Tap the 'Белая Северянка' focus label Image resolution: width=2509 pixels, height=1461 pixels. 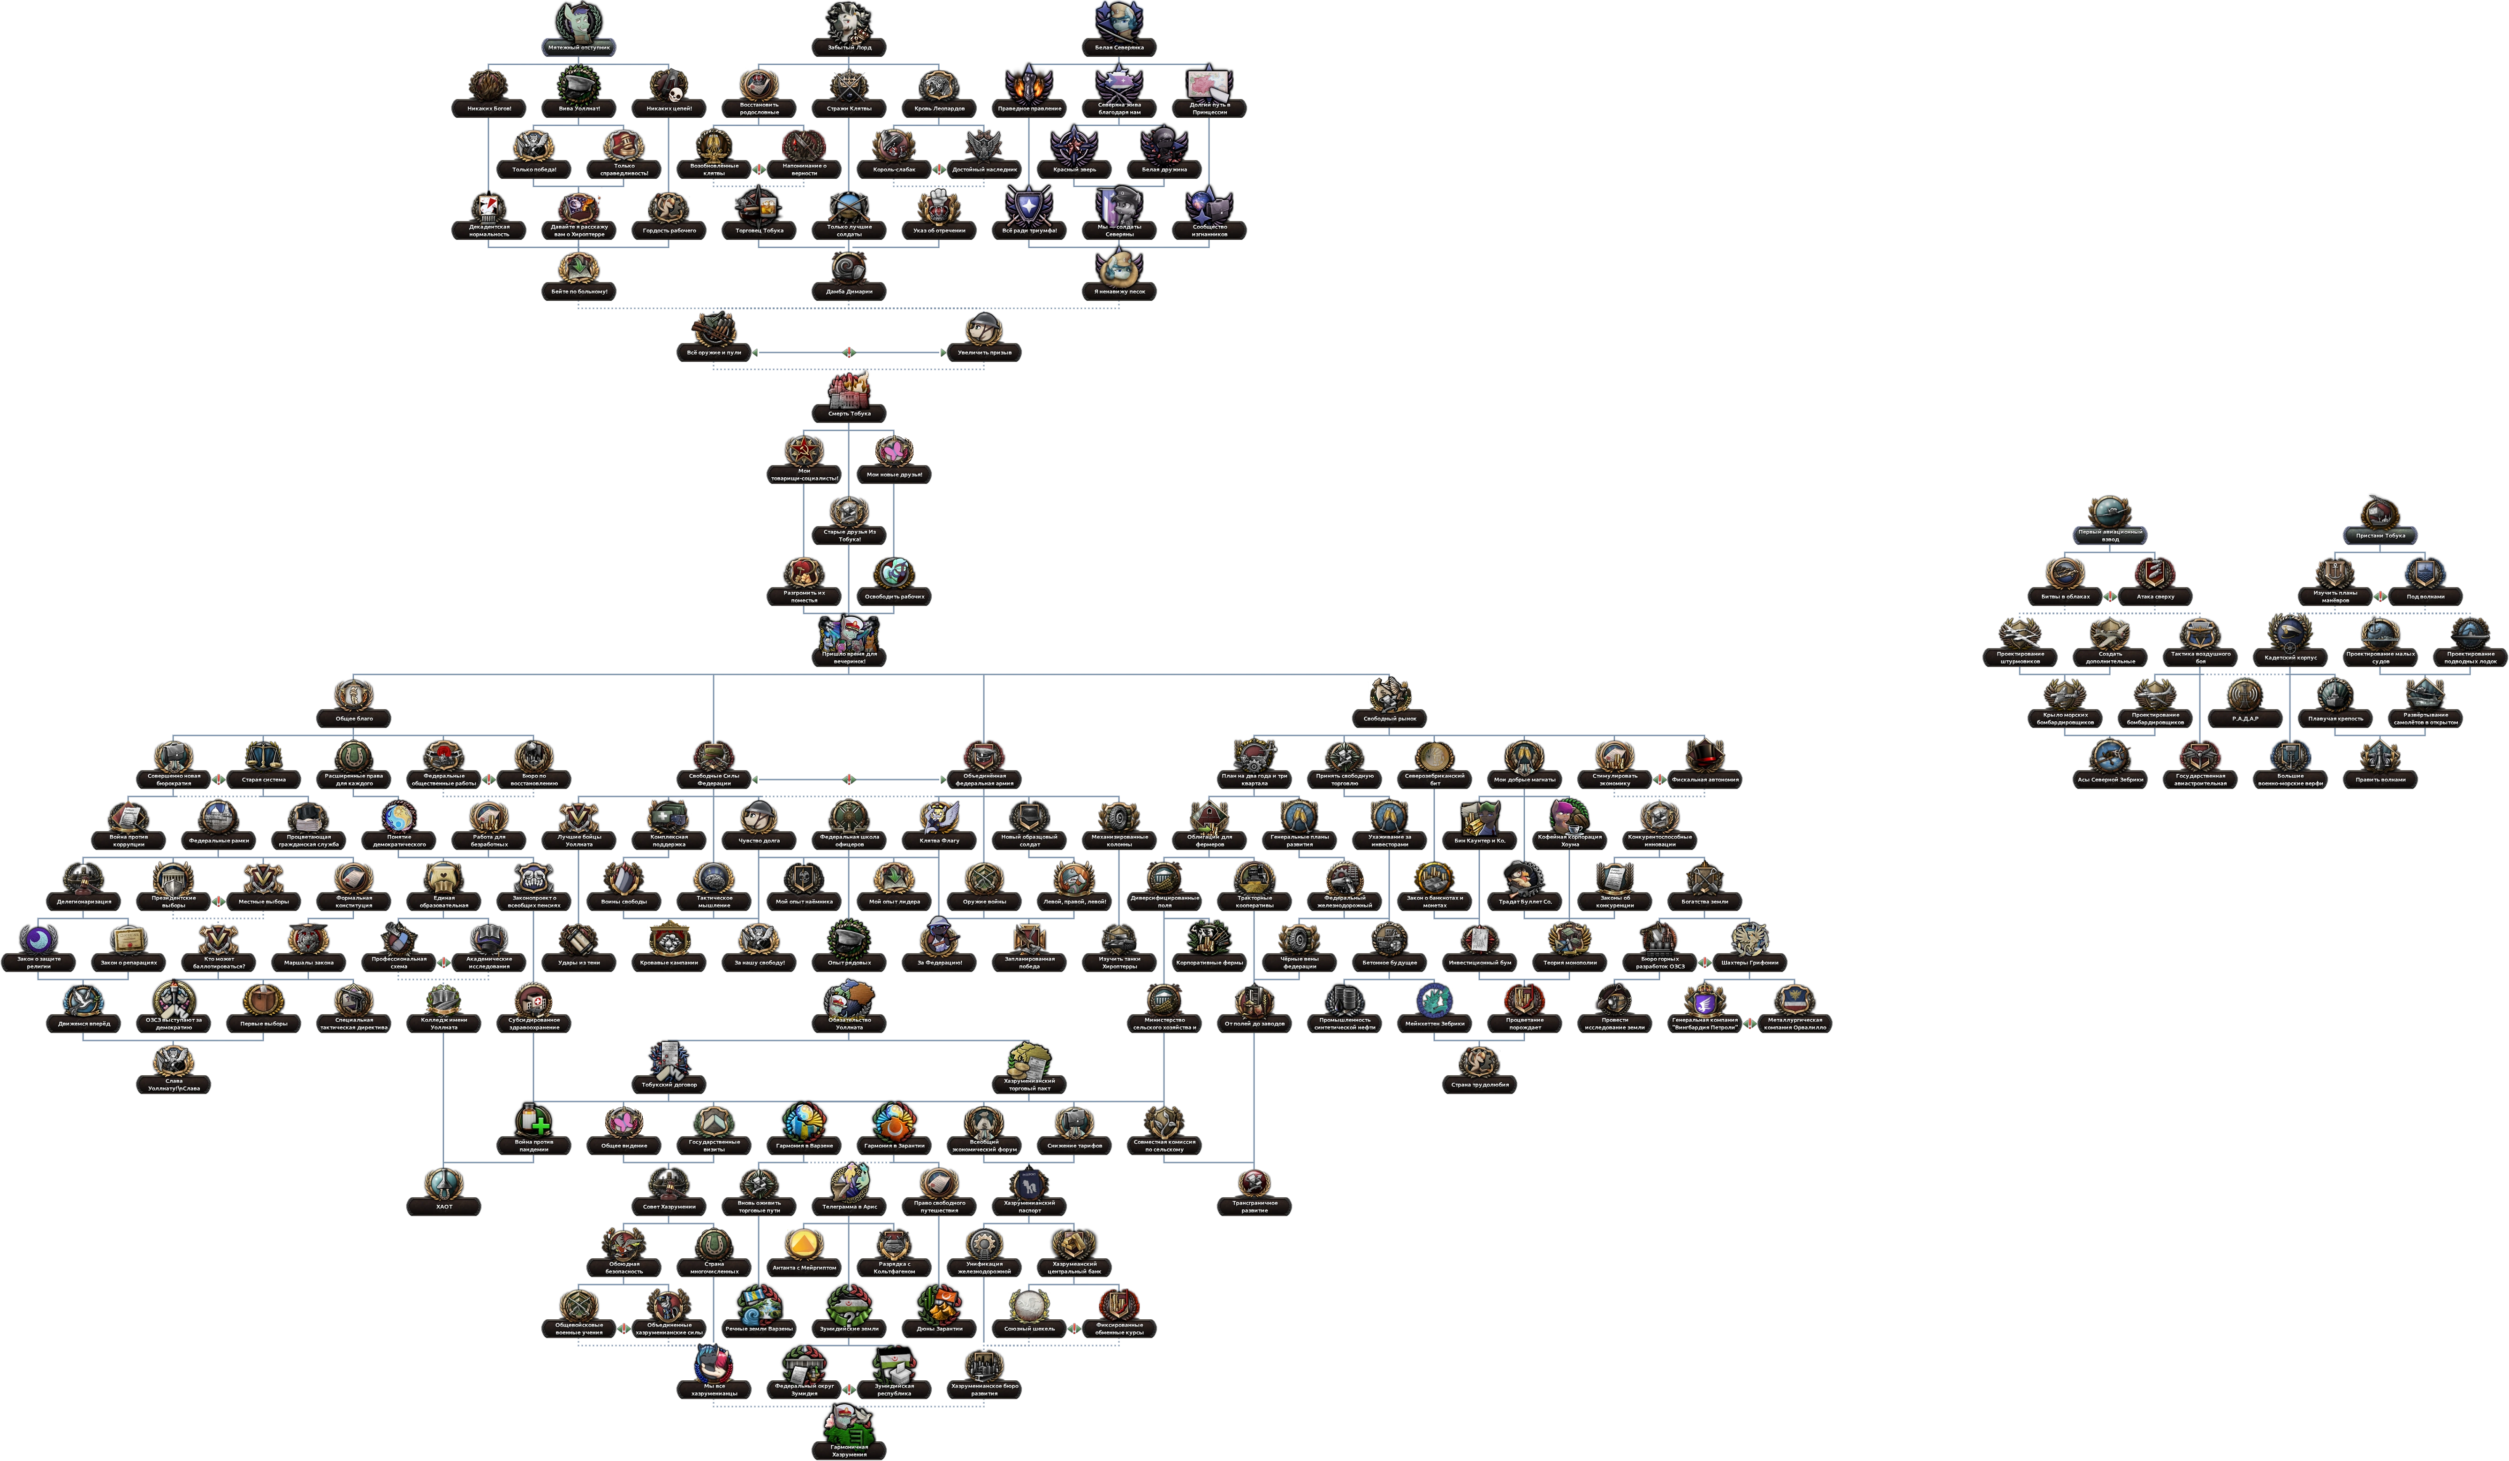tap(1119, 47)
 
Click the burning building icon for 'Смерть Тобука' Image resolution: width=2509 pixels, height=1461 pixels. tap(848, 389)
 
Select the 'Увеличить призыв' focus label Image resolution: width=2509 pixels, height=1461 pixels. tap(984, 352)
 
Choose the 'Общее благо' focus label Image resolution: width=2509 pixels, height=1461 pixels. tap(353, 718)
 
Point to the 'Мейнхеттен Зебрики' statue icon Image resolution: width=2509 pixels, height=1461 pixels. tap(1435, 999)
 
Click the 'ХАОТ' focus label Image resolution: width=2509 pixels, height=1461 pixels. tap(444, 1206)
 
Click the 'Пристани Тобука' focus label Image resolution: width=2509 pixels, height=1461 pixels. tap(2380, 535)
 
